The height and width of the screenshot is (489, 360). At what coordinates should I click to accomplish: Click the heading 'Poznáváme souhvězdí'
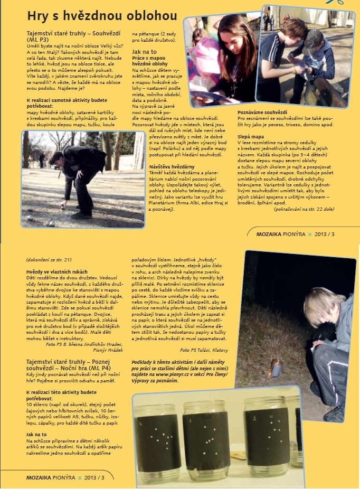(262, 112)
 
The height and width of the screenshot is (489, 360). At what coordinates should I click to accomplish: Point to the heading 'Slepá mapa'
(250, 136)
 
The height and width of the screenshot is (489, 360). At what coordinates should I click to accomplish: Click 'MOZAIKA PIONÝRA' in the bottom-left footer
(51, 477)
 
